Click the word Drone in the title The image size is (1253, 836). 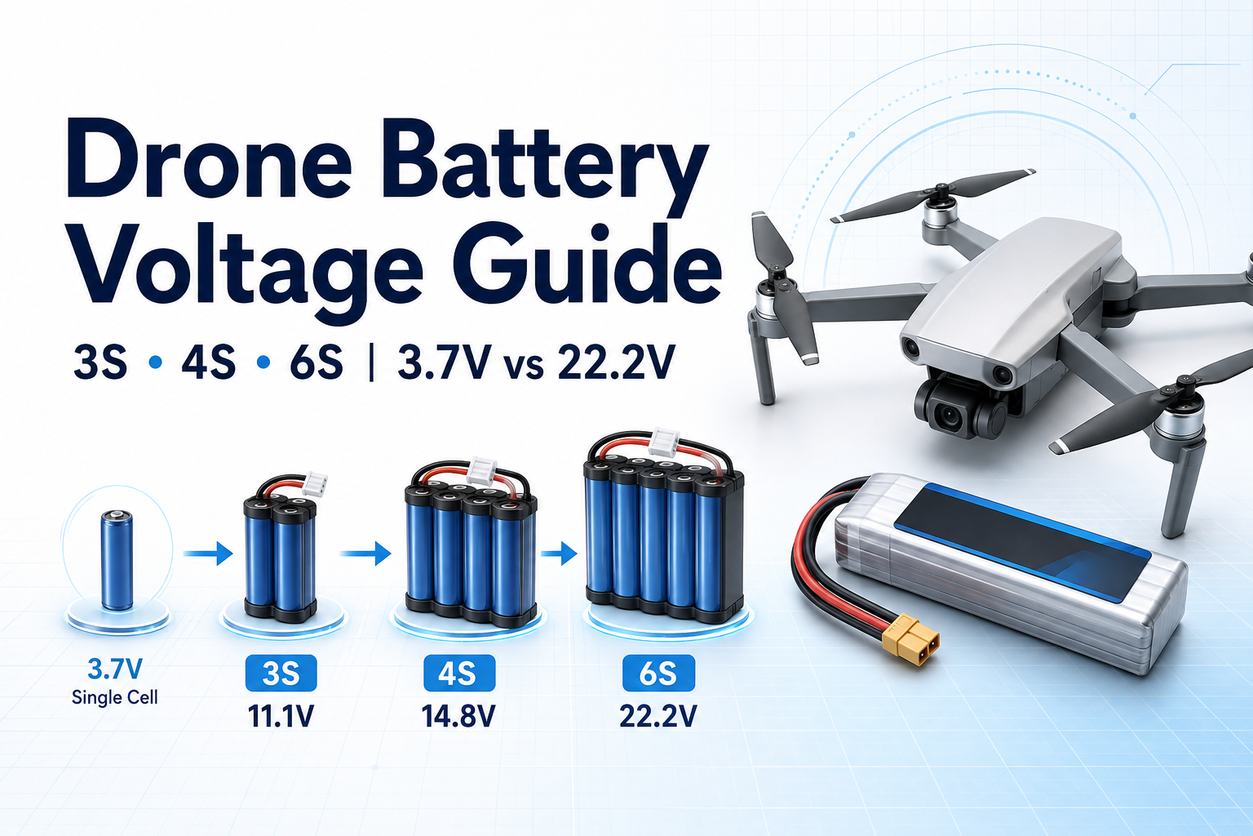pyautogui.click(x=209, y=162)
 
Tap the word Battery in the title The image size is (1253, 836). pyautogui.click(x=546, y=168)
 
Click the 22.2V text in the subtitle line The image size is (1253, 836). pyautogui.click(x=616, y=362)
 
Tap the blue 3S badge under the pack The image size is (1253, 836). pyautogui.click(x=281, y=673)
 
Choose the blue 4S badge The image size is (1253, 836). pyautogui.click(x=459, y=673)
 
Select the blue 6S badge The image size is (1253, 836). pyautogui.click(x=658, y=673)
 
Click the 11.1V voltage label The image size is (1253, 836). pyautogui.click(x=281, y=716)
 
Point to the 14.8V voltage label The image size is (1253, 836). pyautogui.click(x=458, y=716)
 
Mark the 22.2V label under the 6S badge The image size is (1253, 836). pyautogui.click(x=657, y=716)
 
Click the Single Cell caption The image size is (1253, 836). pyautogui.click(x=115, y=698)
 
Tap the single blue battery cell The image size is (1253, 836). pyautogui.click(x=117, y=560)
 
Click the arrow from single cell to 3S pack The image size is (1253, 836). pyautogui.click(x=208, y=554)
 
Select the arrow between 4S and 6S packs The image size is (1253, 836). pyautogui.click(x=558, y=554)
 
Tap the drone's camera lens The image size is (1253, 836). pyautogui.click(x=950, y=415)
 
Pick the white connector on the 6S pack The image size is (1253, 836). pyautogui.click(x=664, y=442)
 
